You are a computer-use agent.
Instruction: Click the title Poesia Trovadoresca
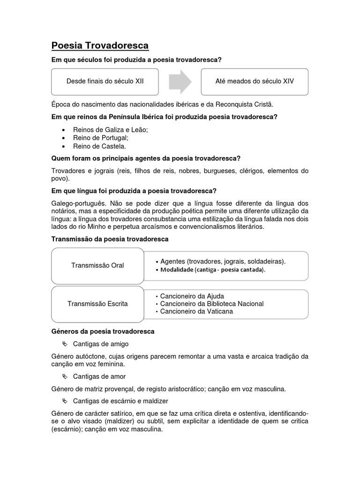[x=100, y=45]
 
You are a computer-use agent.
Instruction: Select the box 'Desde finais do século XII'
[x=105, y=82]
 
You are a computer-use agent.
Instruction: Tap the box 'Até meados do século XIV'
[x=255, y=82]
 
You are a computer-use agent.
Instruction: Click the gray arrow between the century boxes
[x=180, y=82]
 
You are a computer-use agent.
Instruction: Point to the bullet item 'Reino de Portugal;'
[x=100, y=138]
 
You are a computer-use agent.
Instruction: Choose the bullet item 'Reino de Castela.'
[x=99, y=146]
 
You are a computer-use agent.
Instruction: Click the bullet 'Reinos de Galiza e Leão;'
[x=110, y=130]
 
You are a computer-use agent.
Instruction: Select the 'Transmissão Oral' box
[x=97, y=265]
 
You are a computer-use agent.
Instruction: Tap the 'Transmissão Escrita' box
[x=97, y=304]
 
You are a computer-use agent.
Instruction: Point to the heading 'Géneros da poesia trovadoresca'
[x=103, y=331]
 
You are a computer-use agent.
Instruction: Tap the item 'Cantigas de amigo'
[x=100, y=344]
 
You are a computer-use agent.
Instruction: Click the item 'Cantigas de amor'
[x=99, y=376]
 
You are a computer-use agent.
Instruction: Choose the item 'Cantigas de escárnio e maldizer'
[x=120, y=401]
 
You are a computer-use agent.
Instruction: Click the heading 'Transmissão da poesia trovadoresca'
[x=110, y=239]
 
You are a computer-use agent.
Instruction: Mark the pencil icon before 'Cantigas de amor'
[x=65, y=376]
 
